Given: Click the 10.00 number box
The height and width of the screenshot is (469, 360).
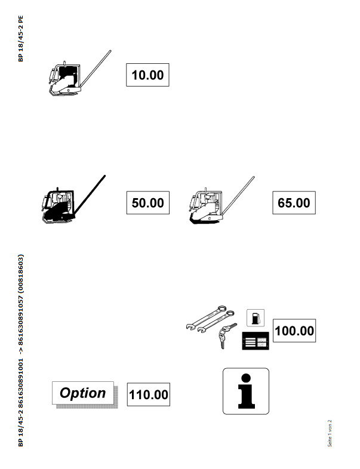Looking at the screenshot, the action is click(147, 75).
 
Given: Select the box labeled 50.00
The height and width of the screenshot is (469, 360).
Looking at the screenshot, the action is click(148, 203).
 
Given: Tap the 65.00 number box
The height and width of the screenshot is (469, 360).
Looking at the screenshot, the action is click(294, 203).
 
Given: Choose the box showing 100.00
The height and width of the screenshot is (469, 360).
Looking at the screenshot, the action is click(294, 331).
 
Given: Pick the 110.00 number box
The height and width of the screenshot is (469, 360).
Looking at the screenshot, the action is click(149, 394).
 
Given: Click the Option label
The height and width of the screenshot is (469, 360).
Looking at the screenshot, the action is click(83, 393).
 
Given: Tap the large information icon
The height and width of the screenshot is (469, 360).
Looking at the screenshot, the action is click(246, 391).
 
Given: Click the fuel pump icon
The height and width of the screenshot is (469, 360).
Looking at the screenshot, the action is click(256, 318).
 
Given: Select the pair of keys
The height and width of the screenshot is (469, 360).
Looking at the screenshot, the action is click(226, 335).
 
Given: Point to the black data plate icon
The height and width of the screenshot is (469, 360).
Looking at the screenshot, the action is click(256, 341).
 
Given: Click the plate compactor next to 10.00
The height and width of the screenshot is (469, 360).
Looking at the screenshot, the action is click(79, 73).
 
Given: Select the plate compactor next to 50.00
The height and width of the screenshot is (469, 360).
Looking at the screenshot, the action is click(73, 199).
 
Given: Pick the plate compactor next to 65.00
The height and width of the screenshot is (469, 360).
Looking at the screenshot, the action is click(221, 200).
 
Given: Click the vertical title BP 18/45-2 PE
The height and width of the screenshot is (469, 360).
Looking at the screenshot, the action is click(21, 39).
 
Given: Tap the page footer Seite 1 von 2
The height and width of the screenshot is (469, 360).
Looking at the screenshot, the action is click(330, 433).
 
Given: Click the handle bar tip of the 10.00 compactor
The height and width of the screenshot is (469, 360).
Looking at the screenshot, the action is click(110, 51).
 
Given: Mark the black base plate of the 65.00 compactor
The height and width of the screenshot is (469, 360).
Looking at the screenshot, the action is click(206, 221).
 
